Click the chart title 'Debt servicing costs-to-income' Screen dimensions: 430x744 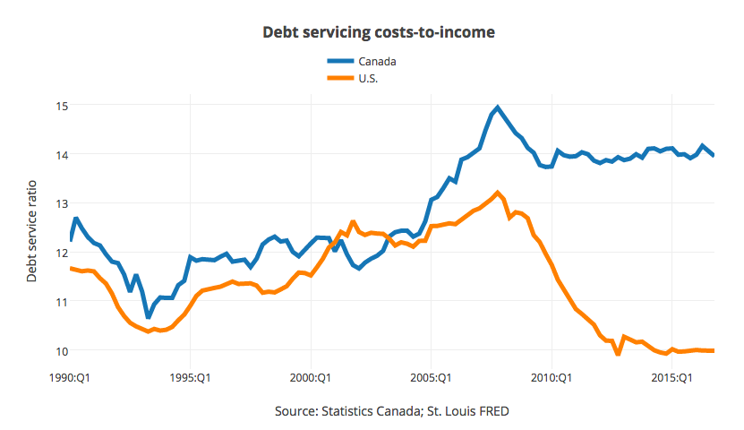point(378,32)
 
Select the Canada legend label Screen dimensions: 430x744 point(377,61)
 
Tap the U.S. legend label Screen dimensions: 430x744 point(369,78)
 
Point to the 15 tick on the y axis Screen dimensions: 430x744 point(61,106)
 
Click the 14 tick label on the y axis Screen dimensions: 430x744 point(61,154)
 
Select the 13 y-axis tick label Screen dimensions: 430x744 point(61,203)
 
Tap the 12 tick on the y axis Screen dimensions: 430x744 point(61,253)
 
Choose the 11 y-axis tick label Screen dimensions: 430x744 point(61,301)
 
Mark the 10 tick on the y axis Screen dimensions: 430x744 point(61,350)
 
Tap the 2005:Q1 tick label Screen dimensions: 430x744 point(432,377)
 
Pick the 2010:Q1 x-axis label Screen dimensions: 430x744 point(552,377)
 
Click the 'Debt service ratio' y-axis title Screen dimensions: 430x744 point(32,228)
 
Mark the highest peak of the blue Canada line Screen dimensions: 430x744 point(498,107)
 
